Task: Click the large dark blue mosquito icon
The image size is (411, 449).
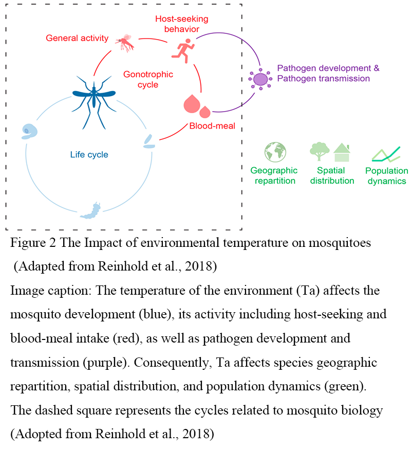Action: coord(94,96)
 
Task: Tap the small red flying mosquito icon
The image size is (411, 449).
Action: coord(126,42)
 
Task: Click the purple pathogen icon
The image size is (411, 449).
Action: coord(260,79)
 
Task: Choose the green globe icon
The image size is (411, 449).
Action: coord(275,152)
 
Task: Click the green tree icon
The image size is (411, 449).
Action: coord(320,151)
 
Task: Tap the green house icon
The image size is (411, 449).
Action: coord(342,153)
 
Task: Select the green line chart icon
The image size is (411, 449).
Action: coord(386,154)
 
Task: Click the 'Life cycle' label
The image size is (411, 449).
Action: coord(89,154)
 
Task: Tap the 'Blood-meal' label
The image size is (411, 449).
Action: coord(212,125)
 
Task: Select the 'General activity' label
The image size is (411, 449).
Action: coord(77,38)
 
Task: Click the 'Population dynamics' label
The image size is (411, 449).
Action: coord(386,175)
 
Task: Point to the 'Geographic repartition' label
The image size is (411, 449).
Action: coord(274,175)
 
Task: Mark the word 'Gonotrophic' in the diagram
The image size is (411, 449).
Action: coord(148,75)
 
